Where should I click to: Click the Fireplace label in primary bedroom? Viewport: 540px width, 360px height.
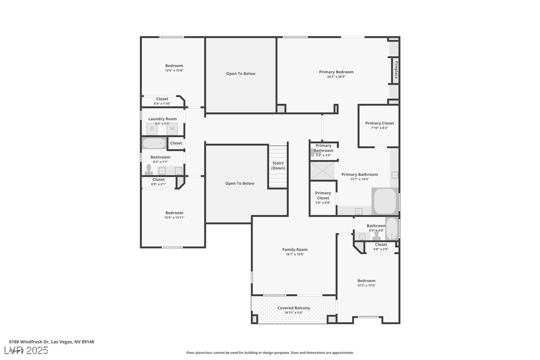(396, 70)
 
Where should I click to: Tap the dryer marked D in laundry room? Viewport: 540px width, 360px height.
(152, 129)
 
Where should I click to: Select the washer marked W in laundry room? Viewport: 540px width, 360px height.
(172, 129)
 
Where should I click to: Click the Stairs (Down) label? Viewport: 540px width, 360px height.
(278, 166)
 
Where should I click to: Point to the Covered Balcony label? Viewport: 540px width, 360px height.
(293, 308)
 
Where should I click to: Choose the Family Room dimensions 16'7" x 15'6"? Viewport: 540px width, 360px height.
(295, 254)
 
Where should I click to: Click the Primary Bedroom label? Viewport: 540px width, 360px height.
(336, 72)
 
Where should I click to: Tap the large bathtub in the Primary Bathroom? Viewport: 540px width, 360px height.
(384, 201)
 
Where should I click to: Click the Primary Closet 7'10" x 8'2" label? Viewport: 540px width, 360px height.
(379, 123)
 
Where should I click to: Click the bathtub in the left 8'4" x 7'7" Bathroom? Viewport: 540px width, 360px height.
(155, 143)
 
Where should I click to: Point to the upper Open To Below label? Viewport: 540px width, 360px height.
(241, 74)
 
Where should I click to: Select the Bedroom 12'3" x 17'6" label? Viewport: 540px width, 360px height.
(366, 280)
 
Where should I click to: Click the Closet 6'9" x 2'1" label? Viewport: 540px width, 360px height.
(159, 180)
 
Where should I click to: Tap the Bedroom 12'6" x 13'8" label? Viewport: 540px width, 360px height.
(174, 66)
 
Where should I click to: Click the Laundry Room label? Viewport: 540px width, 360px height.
(163, 119)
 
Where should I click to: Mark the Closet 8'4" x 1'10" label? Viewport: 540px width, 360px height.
(162, 99)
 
